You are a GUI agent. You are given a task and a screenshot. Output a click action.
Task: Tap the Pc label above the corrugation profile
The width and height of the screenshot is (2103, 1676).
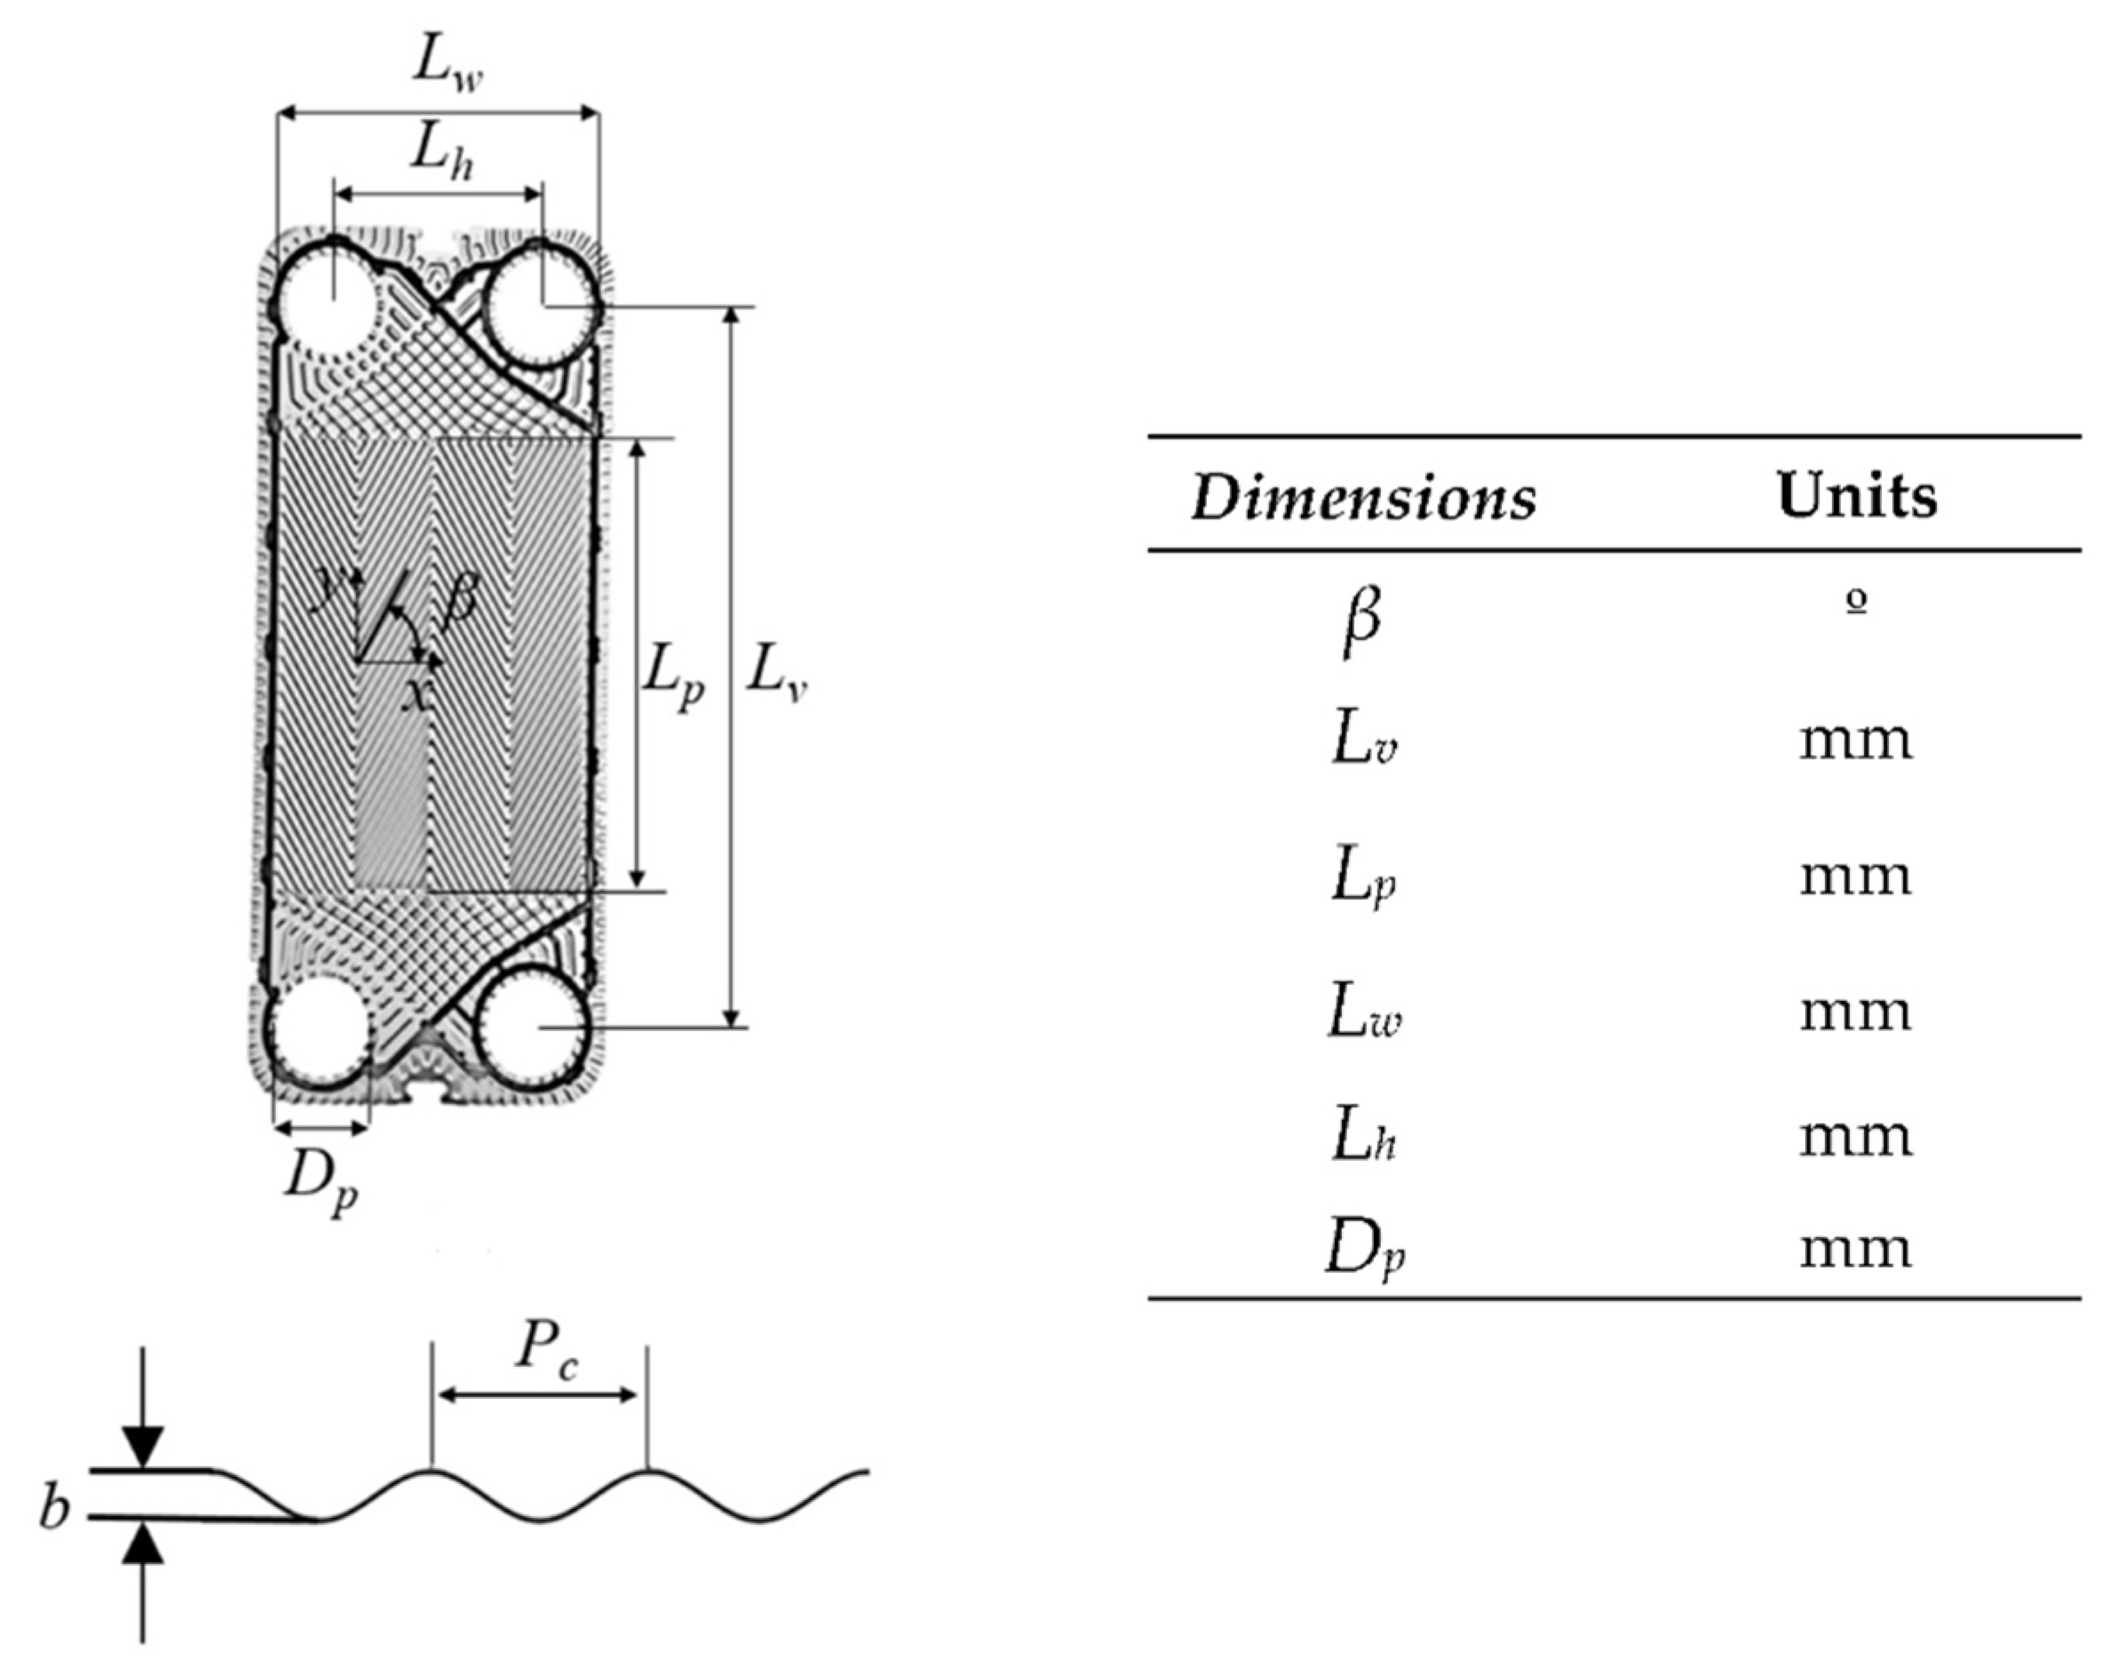pos(546,1352)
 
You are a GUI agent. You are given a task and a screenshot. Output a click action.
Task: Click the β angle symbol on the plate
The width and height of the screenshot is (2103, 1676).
pos(458,600)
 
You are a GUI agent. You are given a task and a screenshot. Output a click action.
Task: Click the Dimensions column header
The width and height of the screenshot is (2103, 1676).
pos(1362,496)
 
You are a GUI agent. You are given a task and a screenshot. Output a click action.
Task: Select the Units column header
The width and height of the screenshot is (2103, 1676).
pos(1856,495)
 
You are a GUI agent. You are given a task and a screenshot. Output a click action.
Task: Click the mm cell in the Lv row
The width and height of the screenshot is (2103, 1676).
pos(1855,742)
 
